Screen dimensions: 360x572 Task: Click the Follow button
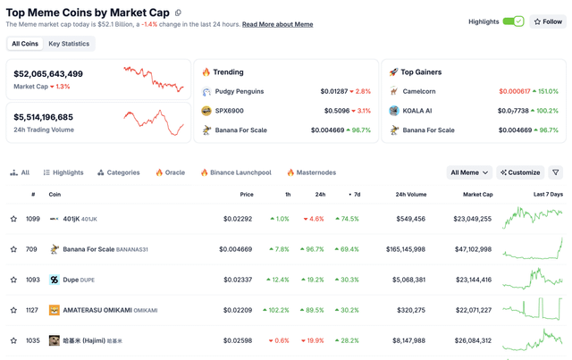(548, 21)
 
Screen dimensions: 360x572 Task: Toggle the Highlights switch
(513, 21)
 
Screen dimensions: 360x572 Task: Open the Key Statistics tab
(68, 43)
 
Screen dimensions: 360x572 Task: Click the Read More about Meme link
(277, 24)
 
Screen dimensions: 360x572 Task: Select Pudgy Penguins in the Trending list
(240, 91)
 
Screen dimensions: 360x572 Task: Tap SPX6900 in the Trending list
(229, 111)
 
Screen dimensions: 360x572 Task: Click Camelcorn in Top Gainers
(418, 91)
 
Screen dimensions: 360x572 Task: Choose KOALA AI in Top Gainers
(417, 111)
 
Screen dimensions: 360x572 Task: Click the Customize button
(520, 172)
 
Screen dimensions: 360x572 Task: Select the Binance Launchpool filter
(235, 172)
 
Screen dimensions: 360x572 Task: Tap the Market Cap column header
(477, 194)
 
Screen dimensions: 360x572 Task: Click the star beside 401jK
(13, 219)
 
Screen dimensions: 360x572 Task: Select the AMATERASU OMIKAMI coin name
(97, 310)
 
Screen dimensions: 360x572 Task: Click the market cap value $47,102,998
(472, 249)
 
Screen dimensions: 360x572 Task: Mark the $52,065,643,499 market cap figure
(48, 74)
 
